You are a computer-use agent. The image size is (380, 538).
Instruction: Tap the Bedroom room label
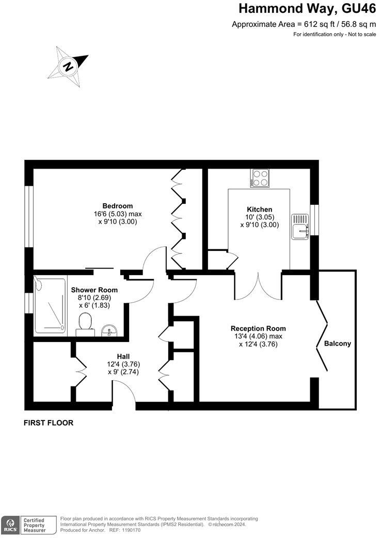117,205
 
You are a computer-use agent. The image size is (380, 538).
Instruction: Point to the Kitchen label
259,209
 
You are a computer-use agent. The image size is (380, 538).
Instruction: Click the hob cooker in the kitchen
260,178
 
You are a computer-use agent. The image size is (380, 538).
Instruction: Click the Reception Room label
258,328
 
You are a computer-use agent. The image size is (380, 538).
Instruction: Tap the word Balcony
337,343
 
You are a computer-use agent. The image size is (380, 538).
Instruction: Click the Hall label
123,356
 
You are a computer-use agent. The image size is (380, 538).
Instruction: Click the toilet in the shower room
85,324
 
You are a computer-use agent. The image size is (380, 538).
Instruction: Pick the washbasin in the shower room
109,330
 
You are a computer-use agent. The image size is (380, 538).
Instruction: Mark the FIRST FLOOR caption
49,423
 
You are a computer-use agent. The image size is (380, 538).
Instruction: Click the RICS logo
9,524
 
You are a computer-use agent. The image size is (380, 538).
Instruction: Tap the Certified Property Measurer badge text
33,525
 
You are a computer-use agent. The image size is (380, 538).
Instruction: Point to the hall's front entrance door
124,396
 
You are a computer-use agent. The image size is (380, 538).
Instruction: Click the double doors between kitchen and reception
258,287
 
